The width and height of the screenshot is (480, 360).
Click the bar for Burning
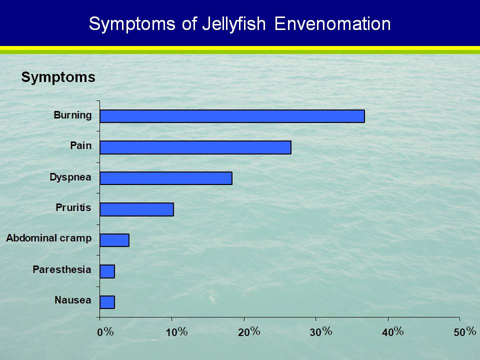pyautogui.click(x=232, y=116)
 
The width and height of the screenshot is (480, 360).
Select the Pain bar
pyautogui.click(x=195, y=147)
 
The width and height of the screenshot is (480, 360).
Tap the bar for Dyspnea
pyautogui.click(x=166, y=178)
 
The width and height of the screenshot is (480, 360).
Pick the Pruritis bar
pyautogui.click(x=137, y=209)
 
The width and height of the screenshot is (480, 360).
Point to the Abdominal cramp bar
pyautogui.click(x=114, y=240)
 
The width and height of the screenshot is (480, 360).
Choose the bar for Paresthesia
pyautogui.click(x=107, y=271)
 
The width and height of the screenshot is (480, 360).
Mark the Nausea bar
pyautogui.click(x=107, y=302)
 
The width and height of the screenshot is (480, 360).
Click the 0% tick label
pyautogui.click(x=105, y=332)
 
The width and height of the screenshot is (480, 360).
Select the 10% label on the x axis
pyautogui.click(x=176, y=332)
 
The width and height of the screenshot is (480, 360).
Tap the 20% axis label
pyautogui.click(x=249, y=332)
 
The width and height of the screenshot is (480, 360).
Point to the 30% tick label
pyautogui.click(x=321, y=332)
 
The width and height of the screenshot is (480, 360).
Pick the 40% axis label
pyautogui.click(x=393, y=332)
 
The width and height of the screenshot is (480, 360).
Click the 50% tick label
pyautogui.click(x=464, y=332)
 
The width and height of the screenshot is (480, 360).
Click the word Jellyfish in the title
pyautogui.click(x=234, y=24)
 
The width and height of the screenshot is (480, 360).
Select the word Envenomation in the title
pyautogui.click(x=332, y=24)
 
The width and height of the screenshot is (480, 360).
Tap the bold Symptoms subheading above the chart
pyautogui.click(x=58, y=77)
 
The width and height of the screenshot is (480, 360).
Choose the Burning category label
pyautogui.click(x=72, y=115)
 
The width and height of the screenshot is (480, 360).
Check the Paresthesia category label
pyautogui.click(x=62, y=269)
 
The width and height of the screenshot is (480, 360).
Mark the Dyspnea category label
pyautogui.click(x=70, y=177)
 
